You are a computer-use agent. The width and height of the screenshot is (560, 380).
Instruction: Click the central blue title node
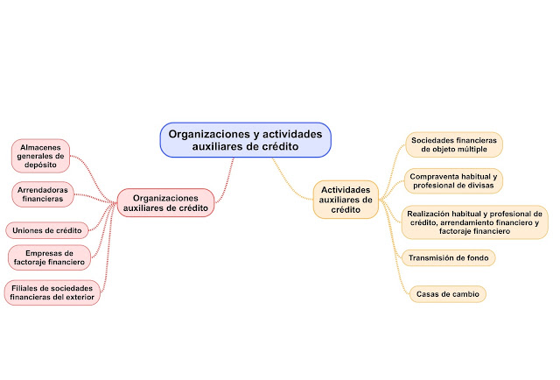[x=246, y=140]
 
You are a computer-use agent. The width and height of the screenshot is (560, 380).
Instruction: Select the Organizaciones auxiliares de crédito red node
[x=165, y=203]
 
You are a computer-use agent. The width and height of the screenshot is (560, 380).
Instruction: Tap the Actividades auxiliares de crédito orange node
[x=346, y=200]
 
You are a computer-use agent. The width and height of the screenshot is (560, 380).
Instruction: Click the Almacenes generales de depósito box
[x=40, y=156]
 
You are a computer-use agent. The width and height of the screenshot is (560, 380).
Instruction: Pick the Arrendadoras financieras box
[x=43, y=194]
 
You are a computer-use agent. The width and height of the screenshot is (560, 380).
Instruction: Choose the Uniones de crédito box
[x=45, y=230]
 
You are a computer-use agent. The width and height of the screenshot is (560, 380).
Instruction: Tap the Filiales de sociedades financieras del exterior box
[x=52, y=292]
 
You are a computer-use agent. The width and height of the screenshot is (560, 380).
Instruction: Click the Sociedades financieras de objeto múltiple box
[x=454, y=144]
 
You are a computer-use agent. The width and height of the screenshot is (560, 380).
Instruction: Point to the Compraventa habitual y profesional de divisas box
[x=452, y=180]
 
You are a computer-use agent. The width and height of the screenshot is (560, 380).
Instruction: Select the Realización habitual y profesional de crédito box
[x=474, y=223]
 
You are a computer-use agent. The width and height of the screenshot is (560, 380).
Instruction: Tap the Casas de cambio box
[x=447, y=294]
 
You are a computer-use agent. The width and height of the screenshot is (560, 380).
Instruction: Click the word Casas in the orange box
[x=428, y=294]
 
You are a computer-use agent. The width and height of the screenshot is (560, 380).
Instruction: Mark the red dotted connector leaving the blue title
[x=230, y=175]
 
